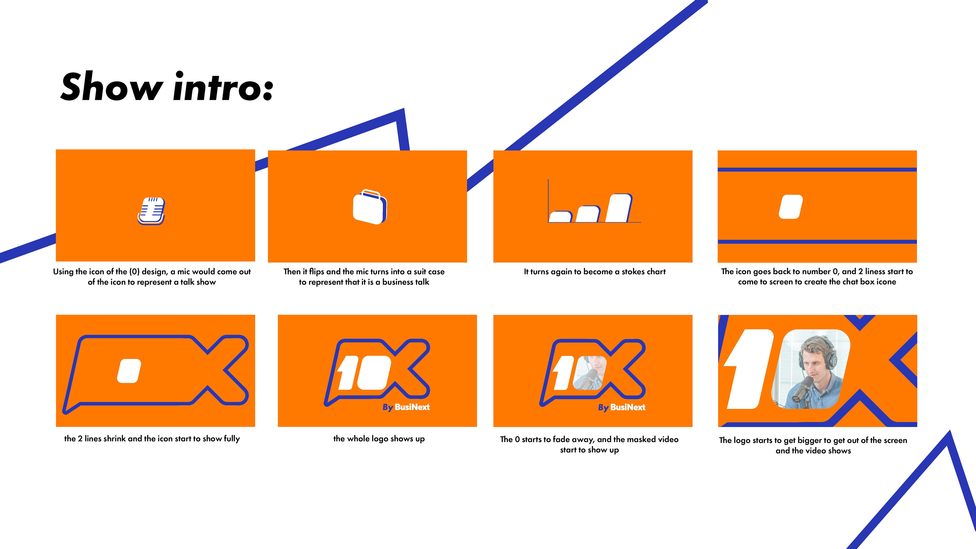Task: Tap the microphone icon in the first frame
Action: click(x=151, y=211)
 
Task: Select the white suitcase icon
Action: click(x=370, y=207)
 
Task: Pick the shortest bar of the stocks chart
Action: click(x=560, y=217)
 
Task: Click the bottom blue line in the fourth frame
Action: click(x=817, y=242)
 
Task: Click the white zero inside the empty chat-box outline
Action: click(x=129, y=371)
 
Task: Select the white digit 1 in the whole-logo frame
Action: click(x=346, y=373)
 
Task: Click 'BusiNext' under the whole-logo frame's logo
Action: click(x=412, y=407)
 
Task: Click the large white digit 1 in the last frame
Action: click(x=748, y=369)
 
